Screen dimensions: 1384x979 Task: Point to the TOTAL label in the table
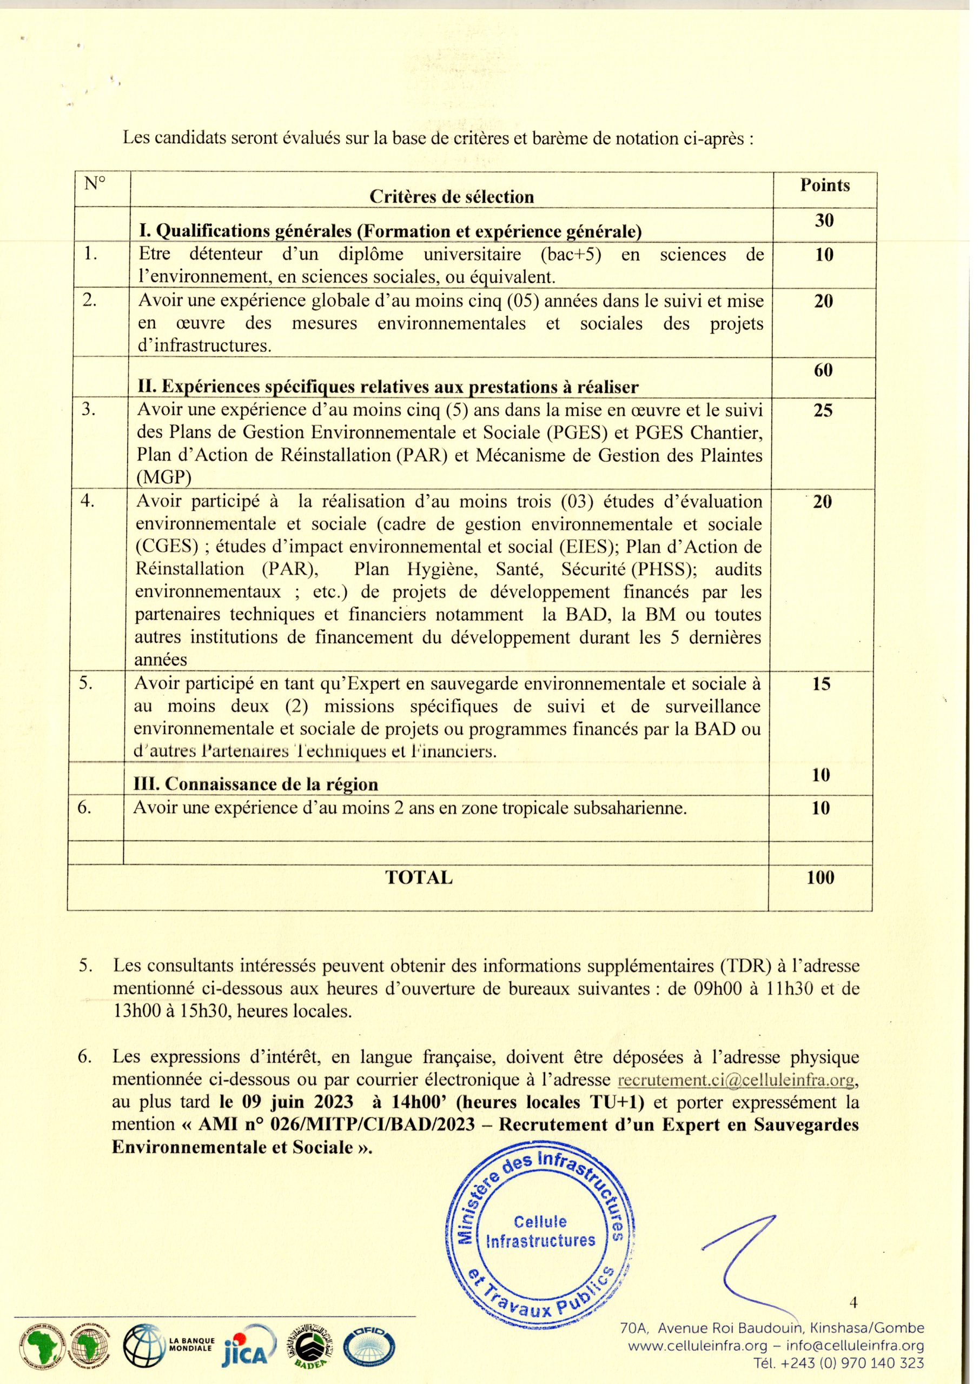coord(419,877)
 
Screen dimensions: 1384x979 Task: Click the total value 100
coord(821,877)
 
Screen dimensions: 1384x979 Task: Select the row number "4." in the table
coord(88,502)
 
